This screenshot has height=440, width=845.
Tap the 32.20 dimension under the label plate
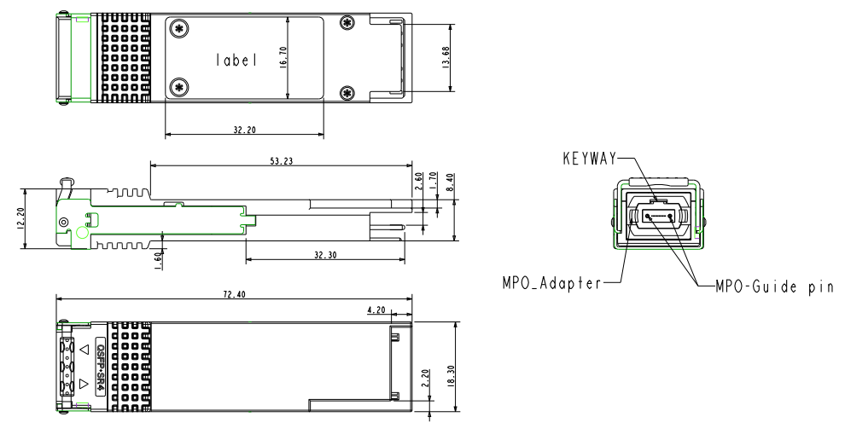[x=243, y=130]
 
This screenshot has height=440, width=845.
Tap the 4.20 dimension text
[x=378, y=310]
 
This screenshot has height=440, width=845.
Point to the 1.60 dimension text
[x=159, y=258]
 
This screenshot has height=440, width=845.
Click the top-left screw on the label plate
[x=180, y=28]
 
